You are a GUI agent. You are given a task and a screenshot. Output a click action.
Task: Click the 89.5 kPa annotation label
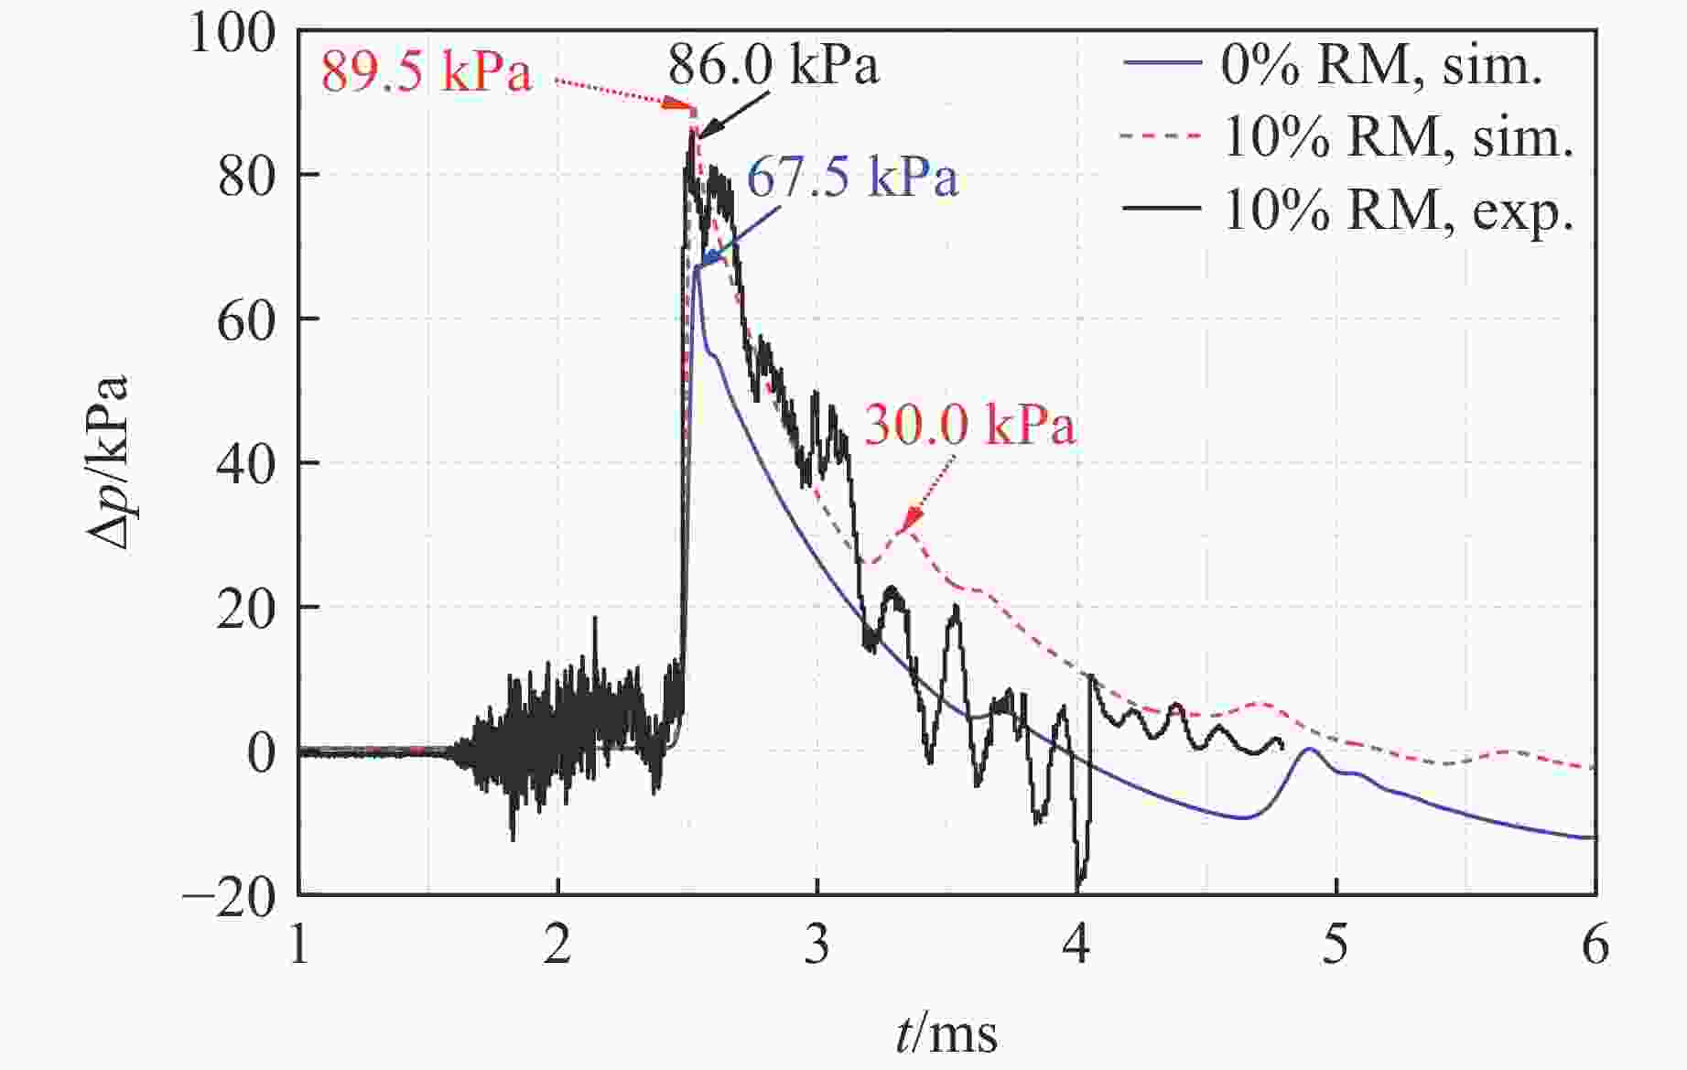tap(426, 71)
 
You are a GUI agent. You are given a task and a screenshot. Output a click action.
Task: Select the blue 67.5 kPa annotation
tap(852, 177)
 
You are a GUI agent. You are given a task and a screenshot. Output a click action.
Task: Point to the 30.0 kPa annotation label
tap(969, 426)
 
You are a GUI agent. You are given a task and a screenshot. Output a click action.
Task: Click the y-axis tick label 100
tap(219, 34)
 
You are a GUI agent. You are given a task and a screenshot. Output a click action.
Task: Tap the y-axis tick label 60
tap(246, 321)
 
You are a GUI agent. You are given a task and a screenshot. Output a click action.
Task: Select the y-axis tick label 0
tap(262, 753)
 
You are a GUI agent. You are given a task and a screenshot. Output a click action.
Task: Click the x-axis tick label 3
tap(816, 944)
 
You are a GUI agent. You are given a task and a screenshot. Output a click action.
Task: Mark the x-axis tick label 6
tap(1595, 944)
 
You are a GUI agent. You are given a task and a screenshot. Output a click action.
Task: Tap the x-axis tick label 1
tap(299, 944)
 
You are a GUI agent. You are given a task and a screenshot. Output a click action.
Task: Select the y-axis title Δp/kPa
tap(108, 462)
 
